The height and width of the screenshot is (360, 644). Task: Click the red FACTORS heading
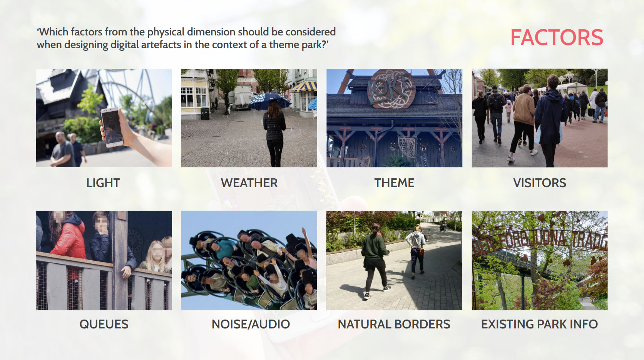click(x=557, y=37)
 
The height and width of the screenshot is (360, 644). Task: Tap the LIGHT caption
click(x=103, y=183)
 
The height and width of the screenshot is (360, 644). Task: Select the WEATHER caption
click(x=249, y=183)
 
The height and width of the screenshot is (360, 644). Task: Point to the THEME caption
click(x=394, y=183)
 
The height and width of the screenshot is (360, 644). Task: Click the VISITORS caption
click(x=540, y=183)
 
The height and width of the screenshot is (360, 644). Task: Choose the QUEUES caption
click(x=104, y=324)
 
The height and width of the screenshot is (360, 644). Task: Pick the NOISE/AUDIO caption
click(x=251, y=324)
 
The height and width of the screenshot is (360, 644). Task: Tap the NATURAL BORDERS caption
click(x=394, y=324)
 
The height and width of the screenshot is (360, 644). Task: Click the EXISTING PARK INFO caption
click(x=539, y=324)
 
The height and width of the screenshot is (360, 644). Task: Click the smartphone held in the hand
click(x=112, y=127)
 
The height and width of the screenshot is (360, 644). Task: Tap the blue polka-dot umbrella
click(x=270, y=101)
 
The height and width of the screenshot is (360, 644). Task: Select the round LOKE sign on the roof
click(x=391, y=89)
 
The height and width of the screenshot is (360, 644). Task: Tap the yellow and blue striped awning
click(x=304, y=86)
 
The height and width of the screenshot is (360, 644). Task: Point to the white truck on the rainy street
click(x=241, y=98)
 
